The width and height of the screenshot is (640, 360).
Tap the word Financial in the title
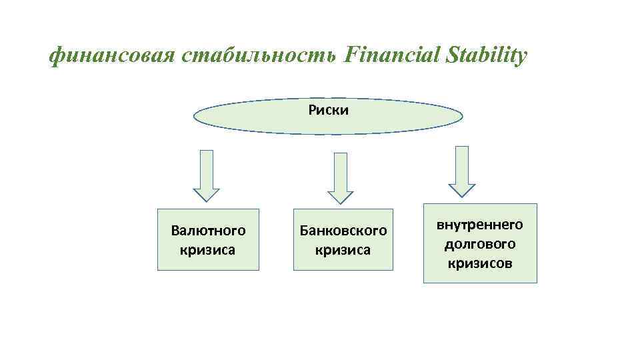click(x=389, y=55)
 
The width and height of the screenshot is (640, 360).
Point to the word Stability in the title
click(x=484, y=57)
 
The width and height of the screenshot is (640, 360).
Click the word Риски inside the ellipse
click(x=328, y=110)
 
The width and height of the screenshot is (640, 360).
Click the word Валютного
click(x=208, y=231)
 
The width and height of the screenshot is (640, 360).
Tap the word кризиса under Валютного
click(x=208, y=250)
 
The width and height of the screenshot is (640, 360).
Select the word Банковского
click(x=343, y=231)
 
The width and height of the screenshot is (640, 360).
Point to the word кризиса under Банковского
click(x=343, y=250)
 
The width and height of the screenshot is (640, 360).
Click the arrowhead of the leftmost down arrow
click(x=207, y=193)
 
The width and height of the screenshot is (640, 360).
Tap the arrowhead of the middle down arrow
click(x=341, y=195)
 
